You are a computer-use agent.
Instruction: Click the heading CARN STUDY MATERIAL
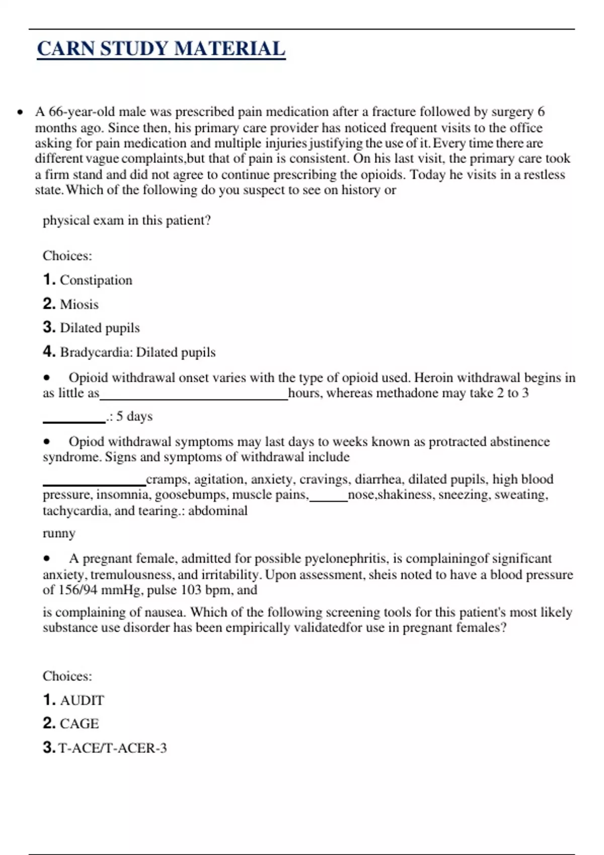pos(161,49)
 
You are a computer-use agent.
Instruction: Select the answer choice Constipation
pos(96,280)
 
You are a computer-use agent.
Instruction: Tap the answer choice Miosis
pos(79,304)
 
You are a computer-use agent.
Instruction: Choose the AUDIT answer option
pos(82,700)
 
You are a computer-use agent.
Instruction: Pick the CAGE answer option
pos(79,724)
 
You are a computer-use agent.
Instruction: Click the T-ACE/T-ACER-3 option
pos(112,748)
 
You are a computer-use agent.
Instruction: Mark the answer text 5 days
pos(134,416)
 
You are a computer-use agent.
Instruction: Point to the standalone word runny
pos(59,533)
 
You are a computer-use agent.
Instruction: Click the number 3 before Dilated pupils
pos(48,327)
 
